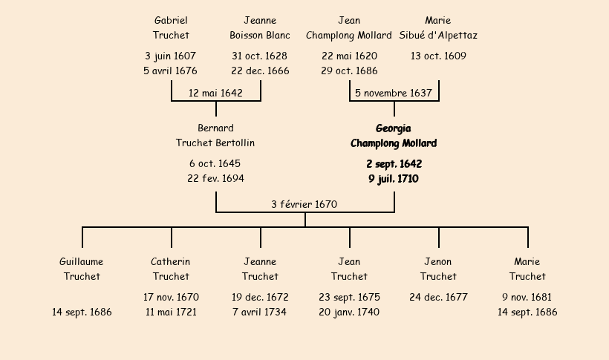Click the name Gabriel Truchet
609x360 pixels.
pyautogui.click(x=171, y=27)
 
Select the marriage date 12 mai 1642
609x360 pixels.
pyautogui.click(x=215, y=93)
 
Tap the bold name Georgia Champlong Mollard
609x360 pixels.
pyautogui.click(x=394, y=135)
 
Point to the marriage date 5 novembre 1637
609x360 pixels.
pyautogui.click(x=394, y=93)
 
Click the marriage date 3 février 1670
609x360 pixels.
pyautogui.click(x=304, y=204)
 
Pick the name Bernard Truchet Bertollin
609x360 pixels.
pyautogui.click(x=215, y=135)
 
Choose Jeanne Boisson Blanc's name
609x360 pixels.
pyautogui.click(x=260, y=27)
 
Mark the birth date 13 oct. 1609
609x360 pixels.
pyautogui.click(x=438, y=56)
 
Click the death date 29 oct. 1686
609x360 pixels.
pyautogui.click(x=349, y=71)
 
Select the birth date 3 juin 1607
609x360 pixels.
pyautogui.click(x=171, y=56)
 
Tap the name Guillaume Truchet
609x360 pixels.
pyautogui.click(x=82, y=269)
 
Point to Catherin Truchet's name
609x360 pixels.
pyautogui.click(x=171, y=269)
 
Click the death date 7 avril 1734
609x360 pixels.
pyautogui.click(x=260, y=312)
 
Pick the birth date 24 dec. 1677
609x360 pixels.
pyautogui.click(x=438, y=297)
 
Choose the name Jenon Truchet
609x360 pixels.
pyautogui.click(x=438, y=269)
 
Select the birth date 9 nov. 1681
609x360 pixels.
pyautogui.click(x=527, y=297)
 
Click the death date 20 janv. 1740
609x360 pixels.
pyautogui.click(x=349, y=312)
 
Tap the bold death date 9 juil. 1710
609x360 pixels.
pyautogui.click(x=394, y=178)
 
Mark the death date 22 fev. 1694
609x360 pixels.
pyautogui.click(x=215, y=178)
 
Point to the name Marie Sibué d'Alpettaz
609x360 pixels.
pyautogui.click(x=438, y=27)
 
